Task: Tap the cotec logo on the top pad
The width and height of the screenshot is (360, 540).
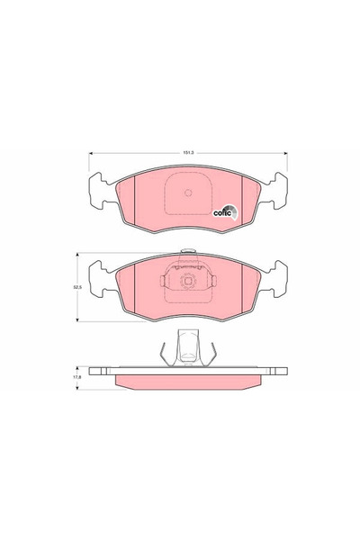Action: [224, 211]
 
